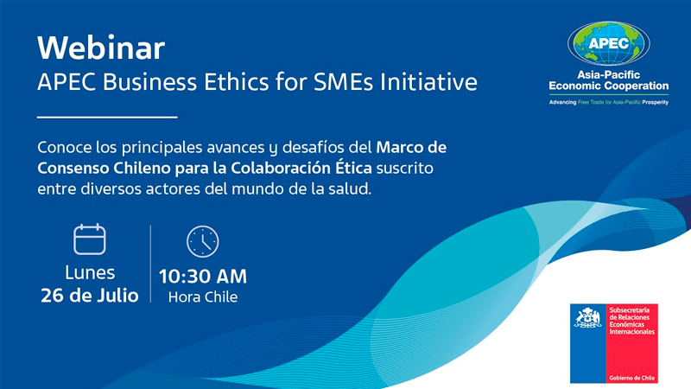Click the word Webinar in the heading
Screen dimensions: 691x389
click(101, 48)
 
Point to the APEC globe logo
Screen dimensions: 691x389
click(609, 43)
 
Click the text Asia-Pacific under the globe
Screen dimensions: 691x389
click(609, 74)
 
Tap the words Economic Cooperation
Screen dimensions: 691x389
click(609, 86)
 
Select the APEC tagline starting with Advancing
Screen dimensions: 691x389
click(609, 102)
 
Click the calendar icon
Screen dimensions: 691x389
click(90, 239)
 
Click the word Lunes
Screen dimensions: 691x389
click(90, 272)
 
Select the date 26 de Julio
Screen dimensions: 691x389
click(90, 296)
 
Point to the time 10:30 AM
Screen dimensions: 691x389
click(203, 277)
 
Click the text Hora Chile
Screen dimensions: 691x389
click(203, 297)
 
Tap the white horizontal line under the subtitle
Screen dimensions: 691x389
click(107, 117)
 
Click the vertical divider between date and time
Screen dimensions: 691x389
click(150, 264)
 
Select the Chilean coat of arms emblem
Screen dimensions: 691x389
click(588, 317)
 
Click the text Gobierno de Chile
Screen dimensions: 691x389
click(632, 378)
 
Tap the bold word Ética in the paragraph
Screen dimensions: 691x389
click(354, 168)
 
